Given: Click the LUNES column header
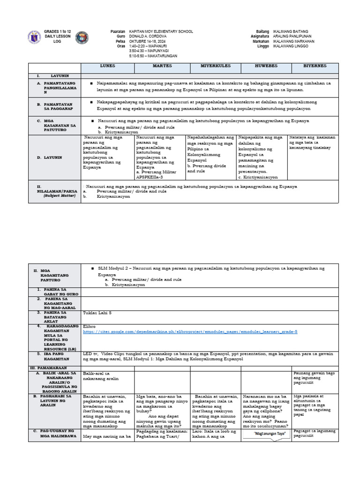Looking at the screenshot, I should click(x=108, y=67).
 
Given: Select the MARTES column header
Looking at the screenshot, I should click(x=162, y=67).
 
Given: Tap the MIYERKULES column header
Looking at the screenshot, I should click(x=215, y=67).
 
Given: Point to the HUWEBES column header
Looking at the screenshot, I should click(x=265, y=67).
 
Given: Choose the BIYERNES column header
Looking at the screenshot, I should click(x=315, y=67).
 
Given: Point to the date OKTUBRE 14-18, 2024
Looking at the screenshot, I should click(x=146, y=41).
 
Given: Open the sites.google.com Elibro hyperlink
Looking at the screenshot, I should click(x=190, y=331).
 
